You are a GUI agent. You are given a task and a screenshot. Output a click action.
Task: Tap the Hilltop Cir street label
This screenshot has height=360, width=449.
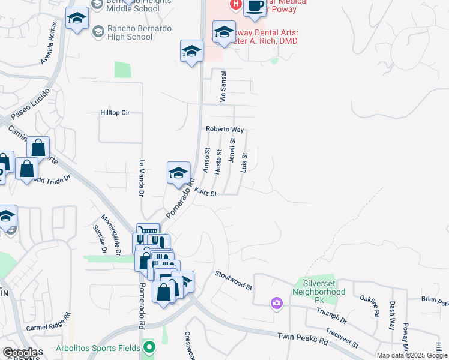(x=115, y=112)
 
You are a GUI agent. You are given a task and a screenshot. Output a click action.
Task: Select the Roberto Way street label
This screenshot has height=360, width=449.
(x=225, y=129)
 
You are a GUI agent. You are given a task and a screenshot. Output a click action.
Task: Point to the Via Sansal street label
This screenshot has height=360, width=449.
(x=223, y=86)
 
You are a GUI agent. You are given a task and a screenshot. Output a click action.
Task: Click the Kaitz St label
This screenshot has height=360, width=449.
(x=205, y=192)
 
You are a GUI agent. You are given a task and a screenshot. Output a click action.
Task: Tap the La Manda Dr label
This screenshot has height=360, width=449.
(x=142, y=178)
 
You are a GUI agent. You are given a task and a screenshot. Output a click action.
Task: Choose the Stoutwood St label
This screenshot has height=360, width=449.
(x=234, y=280)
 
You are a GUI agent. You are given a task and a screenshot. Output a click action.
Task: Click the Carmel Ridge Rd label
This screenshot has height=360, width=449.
(x=49, y=323)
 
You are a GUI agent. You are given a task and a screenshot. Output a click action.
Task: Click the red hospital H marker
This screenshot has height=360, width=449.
(x=235, y=4)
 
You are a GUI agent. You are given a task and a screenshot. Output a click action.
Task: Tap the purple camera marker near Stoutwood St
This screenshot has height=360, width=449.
(x=276, y=303)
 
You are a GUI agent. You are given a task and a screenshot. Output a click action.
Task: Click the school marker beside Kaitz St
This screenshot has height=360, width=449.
(x=178, y=173)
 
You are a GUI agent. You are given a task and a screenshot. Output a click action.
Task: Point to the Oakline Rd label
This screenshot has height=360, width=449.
(x=370, y=305)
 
